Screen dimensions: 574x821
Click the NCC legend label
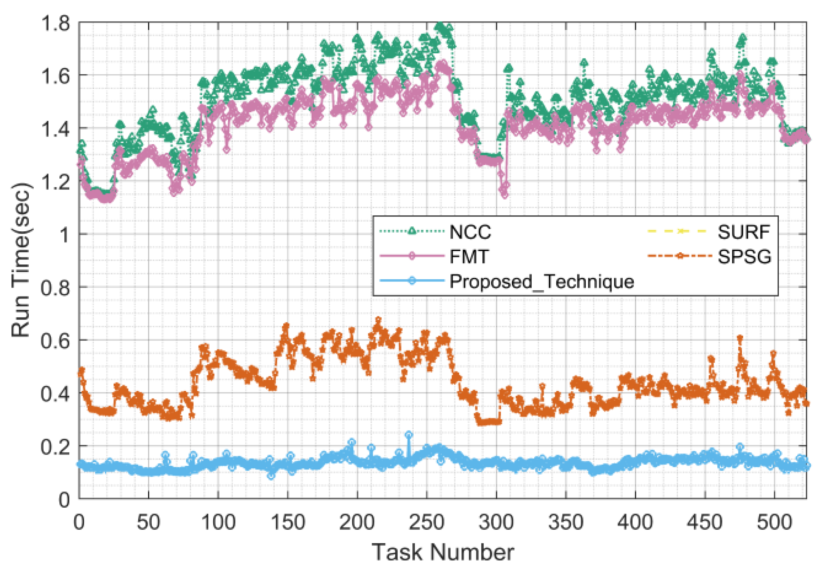click(470, 232)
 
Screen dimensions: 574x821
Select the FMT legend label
click(469, 257)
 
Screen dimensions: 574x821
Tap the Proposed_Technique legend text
click(541, 282)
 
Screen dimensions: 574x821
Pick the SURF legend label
click(744, 232)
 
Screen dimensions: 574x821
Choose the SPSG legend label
click(745, 257)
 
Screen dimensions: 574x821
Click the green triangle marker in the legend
click(412, 231)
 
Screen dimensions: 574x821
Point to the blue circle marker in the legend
click(412, 281)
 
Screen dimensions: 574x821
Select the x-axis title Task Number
click(443, 552)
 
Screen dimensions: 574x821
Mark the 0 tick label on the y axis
click(64, 500)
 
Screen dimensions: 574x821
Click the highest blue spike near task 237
click(409, 435)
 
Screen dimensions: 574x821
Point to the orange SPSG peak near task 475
click(740, 338)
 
